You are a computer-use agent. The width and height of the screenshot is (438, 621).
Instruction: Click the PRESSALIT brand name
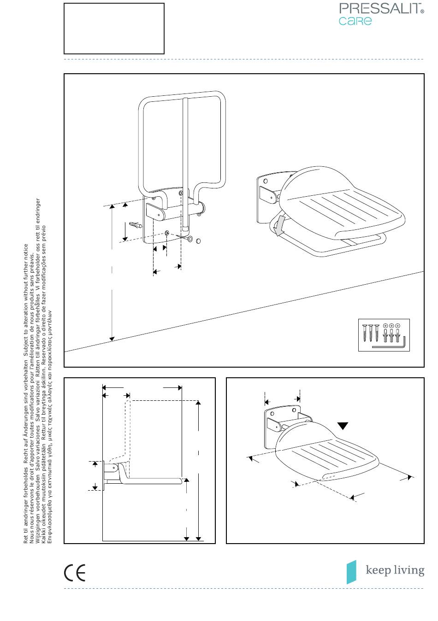tap(379, 9)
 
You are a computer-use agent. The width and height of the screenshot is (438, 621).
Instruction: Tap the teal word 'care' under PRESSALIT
tap(355, 21)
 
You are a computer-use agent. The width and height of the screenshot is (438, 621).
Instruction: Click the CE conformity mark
tap(75, 573)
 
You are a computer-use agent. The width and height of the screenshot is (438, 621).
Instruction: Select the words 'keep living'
tap(395, 570)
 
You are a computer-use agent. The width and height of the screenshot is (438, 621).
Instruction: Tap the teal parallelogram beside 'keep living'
tap(351, 572)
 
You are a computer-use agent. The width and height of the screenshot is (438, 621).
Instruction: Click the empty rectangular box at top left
tap(114, 29)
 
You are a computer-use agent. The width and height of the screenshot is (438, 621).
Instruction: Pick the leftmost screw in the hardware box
tap(365, 333)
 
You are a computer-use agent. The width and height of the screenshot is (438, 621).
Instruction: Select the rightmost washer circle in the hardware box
tap(397, 326)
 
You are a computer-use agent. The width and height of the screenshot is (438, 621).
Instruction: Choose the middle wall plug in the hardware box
tap(391, 336)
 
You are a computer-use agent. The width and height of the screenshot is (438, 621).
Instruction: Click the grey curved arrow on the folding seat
tap(279, 225)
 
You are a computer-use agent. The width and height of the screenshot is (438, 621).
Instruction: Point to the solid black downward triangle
tap(343, 426)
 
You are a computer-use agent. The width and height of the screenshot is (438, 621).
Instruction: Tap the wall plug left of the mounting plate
tap(136, 224)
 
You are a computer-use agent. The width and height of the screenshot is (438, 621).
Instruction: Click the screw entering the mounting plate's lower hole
tap(185, 237)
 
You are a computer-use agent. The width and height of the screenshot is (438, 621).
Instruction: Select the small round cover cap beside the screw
tap(198, 241)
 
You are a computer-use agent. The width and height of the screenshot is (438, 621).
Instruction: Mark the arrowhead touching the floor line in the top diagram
tap(112, 339)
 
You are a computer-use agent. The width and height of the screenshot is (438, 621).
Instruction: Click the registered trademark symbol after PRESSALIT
tap(422, 12)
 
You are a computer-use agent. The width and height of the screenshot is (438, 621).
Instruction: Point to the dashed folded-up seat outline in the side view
tap(124, 435)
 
